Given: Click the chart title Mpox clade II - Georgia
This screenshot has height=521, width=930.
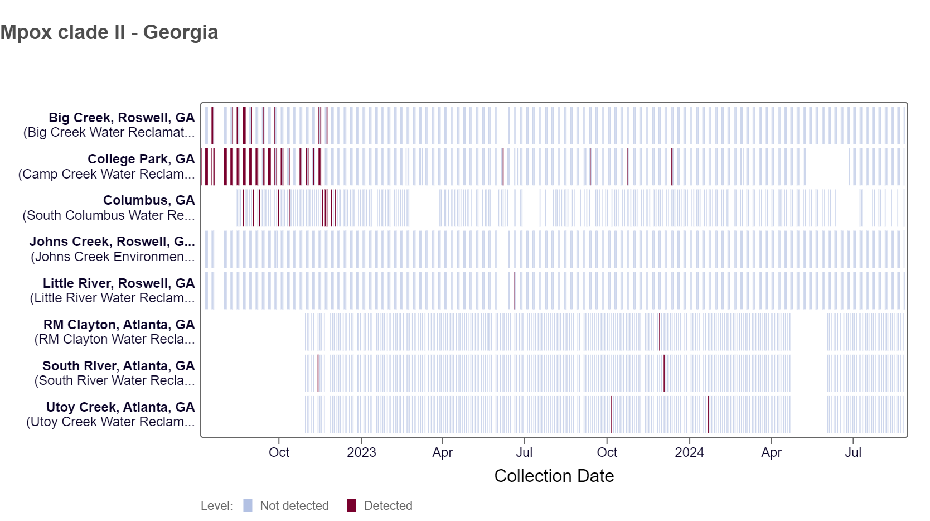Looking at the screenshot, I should (x=109, y=32).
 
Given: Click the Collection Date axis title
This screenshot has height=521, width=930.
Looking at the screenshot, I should (x=554, y=476).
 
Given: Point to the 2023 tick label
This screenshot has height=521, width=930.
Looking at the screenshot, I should (x=361, y=452).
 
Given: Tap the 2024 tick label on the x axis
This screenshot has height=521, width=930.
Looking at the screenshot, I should (x=689, y=452).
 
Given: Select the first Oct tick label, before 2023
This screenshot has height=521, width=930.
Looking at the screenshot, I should (x=279, y=452).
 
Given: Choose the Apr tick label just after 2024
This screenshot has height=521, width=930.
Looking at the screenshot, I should (x=771, y=452).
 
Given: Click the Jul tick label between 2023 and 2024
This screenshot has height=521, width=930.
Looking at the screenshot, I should (x=524, y=452).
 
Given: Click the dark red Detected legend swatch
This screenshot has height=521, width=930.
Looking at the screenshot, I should (x=351, y=505).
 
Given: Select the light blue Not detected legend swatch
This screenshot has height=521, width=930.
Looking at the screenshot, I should (x=248, y=505).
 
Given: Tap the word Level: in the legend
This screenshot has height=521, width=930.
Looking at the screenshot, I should (x=217, y=506).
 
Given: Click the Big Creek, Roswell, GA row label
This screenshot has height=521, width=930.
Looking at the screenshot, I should (x=122, y=118).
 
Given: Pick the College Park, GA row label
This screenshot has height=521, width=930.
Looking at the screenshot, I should (x=141, y=159).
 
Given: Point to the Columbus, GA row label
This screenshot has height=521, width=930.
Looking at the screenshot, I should (x=149, y=200).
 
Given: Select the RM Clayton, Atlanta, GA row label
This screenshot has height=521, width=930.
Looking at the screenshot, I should (x=119, y=325).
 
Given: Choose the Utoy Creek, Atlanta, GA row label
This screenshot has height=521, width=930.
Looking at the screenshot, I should (x=120, y=407).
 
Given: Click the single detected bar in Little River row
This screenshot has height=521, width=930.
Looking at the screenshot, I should (x=514, y=291).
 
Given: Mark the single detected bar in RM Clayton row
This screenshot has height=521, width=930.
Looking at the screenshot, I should (x=660, y=332).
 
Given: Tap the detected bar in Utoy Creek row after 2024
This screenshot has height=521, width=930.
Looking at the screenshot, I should (x=708, y=414).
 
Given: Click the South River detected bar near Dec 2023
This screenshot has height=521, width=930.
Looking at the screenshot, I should (x=664, y=373).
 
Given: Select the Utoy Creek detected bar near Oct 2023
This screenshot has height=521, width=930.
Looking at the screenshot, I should (x=611, y=414).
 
